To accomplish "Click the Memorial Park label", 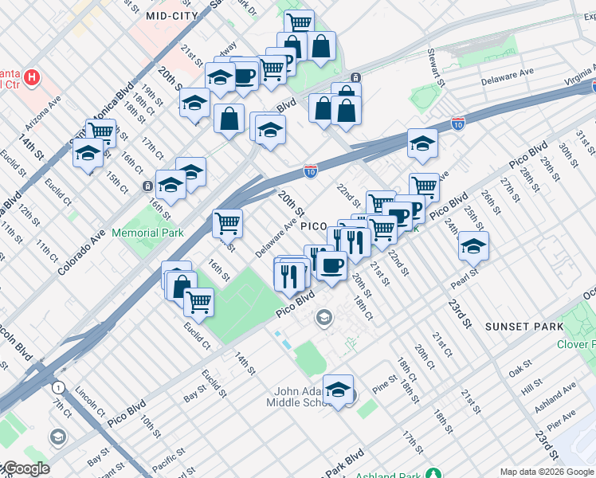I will click(148, 233).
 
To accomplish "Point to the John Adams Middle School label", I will click(288, 396).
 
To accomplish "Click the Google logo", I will click(25, 469).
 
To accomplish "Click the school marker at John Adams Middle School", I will click(338, 390).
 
